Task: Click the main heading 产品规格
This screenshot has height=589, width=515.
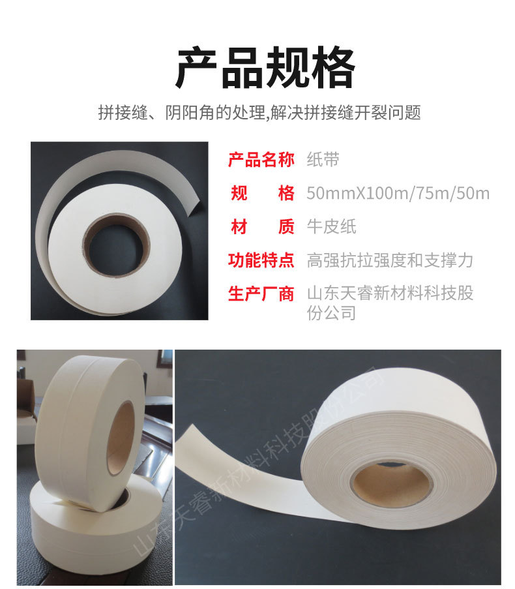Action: (265, 68)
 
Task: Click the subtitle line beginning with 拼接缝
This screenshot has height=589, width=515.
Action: (259, 112)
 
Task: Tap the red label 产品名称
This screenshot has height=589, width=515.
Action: (261, 160)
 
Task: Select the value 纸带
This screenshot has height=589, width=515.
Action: (323, 160)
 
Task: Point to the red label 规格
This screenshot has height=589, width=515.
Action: (262, 193)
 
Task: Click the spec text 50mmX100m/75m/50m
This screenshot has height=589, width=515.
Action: (398, 194)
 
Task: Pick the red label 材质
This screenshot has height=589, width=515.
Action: (262, 226)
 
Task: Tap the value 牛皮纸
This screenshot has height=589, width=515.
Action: (331, 226)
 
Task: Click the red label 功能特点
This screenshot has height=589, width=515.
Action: (261, 260)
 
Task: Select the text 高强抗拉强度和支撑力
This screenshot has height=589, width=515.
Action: (390, 260)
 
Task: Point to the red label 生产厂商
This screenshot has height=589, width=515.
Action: (261, 294)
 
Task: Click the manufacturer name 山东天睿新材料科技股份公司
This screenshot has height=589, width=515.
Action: (390, 303)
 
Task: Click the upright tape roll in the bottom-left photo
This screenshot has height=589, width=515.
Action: (90, 432)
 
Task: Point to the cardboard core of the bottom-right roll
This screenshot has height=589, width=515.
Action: (391, 485)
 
